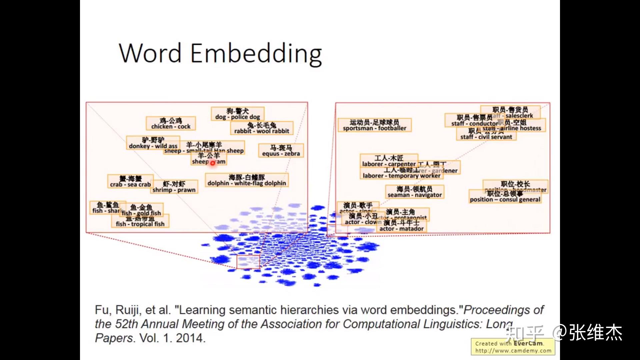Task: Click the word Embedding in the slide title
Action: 256,53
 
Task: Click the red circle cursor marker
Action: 213,163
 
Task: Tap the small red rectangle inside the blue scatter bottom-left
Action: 248,262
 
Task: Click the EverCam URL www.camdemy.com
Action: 513,351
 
